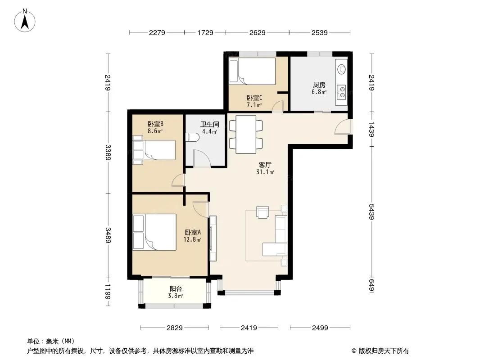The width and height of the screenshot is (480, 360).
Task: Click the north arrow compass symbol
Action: [x=25, y=21]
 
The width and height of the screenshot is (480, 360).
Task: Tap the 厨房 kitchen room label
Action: [x=319, y=85]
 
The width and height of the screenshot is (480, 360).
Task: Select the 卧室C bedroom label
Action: [x=254, y=98]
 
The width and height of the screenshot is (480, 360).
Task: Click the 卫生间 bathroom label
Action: [x=210, y=124]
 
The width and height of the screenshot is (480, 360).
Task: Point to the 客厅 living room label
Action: [x=265, y=165]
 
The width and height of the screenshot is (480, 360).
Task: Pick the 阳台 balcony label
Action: [x=176, y=288]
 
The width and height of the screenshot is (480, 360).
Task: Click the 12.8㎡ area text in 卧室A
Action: [x=192, y=239]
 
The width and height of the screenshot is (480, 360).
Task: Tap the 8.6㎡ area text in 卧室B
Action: [x=155, y=131]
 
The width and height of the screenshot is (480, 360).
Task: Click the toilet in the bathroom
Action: [x=192, y=137]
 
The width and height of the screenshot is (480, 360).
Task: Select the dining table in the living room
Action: [x=245, y=134]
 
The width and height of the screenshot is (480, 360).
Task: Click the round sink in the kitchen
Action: [x=341, y=69]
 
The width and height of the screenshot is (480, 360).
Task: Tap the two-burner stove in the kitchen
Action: [x=341, y=93]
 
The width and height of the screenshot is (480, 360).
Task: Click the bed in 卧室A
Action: [x=155, y=232]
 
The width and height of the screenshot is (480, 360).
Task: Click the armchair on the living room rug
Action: [x=263, y=212]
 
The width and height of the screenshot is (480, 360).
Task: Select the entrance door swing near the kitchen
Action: [x=342, y=126]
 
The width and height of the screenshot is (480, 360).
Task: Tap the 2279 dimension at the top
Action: [x=157, y=32]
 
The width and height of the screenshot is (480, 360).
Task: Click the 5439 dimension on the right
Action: [x=371, y=211]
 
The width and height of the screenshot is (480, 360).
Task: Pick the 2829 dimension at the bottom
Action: [x=175, y=328]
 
